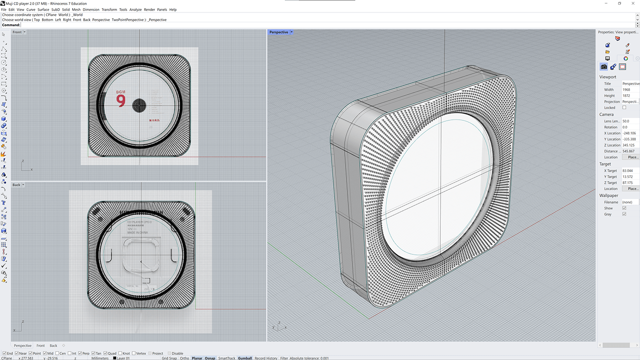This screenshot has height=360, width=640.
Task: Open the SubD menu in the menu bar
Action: pyautogui.click(x=55, y=10)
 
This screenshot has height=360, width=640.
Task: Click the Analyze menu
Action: pyautogui.click(x=135, y=10)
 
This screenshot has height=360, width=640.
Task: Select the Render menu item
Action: pyautogui.click(x=149, y=10)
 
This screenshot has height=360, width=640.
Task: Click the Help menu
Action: pyautogui.click(x=173, y=10)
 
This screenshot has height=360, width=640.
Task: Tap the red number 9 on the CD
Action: pyautogui.click(x=121, y=101)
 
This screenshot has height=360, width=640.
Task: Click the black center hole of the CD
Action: pyautogui.click(x=139, y=106)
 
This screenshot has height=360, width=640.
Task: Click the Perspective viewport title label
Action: pyautogui.click(x=279, y=32)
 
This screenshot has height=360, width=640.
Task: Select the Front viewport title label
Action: pyautogui.click(x=17, y=32)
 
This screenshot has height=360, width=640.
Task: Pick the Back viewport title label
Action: pyautogui.click(x=16, y=185)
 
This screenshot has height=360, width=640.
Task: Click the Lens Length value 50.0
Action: pyautogui.click(x=629, y=121)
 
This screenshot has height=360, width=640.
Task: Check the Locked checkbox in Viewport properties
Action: pyautogui.click(x=624, y=107)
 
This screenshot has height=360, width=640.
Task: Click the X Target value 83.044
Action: pyautogui.click(x=629, y=171)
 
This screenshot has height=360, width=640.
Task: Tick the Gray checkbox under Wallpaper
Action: pyautogui.click(x=624, y=214)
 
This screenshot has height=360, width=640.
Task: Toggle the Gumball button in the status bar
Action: pyautogui.click(x=245, y=358)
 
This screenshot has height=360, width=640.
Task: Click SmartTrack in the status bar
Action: pyautogui.click(x=227, y=358)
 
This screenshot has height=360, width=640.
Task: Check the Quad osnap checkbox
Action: pyautogui.click(x=106, y=354)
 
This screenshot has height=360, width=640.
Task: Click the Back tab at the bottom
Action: pyautogui.click(x=53, y=346)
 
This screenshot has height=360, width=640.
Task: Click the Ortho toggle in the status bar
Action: pyautogui.click(x=184, y=358)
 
